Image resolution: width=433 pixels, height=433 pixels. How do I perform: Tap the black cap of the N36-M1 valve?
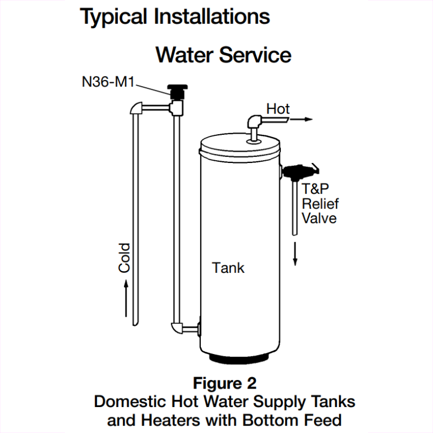tap(175, 88)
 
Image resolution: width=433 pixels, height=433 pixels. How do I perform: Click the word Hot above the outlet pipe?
tap(278, 109)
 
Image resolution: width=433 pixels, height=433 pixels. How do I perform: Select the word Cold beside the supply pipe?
tap(124, 257)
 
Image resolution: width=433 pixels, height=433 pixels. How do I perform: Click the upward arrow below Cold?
tap(126, 298)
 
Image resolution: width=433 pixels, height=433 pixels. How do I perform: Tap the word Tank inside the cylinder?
tap(228, 267)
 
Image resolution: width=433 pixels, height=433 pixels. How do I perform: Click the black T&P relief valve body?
tap(297, 172)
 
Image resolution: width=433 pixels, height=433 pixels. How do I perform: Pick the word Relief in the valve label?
tap(319, 204)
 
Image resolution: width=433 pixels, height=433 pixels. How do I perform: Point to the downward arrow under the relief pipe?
tap(296, 254)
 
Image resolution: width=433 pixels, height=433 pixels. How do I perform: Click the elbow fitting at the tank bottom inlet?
tap(178, 329)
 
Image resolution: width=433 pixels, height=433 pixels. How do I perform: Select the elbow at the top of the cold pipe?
tap(135, 108)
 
